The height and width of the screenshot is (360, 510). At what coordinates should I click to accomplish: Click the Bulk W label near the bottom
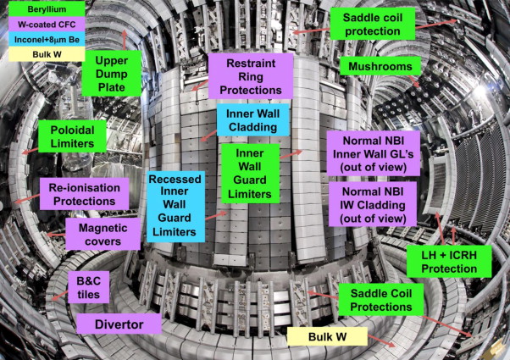(x=326, y=338)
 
